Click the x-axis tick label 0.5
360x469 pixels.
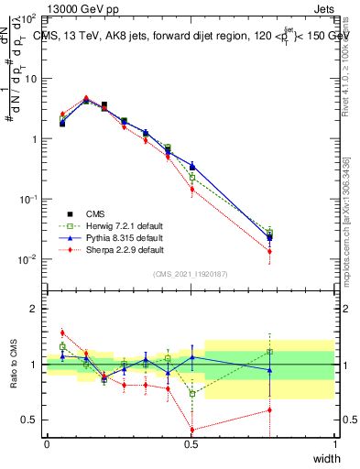click(x=191, y=444)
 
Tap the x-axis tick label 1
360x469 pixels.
click(x=334, y=444)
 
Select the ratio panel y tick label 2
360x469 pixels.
click(x=36, y=310)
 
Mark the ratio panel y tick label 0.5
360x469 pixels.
click(x=30, y=420)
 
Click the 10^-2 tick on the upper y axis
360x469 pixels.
click(x=27, y=259)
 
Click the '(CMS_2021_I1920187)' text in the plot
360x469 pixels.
click(x=191, y=274)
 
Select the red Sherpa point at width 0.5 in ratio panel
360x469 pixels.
click(x=191, y=430)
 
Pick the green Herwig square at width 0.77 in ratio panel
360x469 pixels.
click(x=269, y=352)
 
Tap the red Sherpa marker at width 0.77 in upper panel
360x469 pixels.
click(x=269, y=251)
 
